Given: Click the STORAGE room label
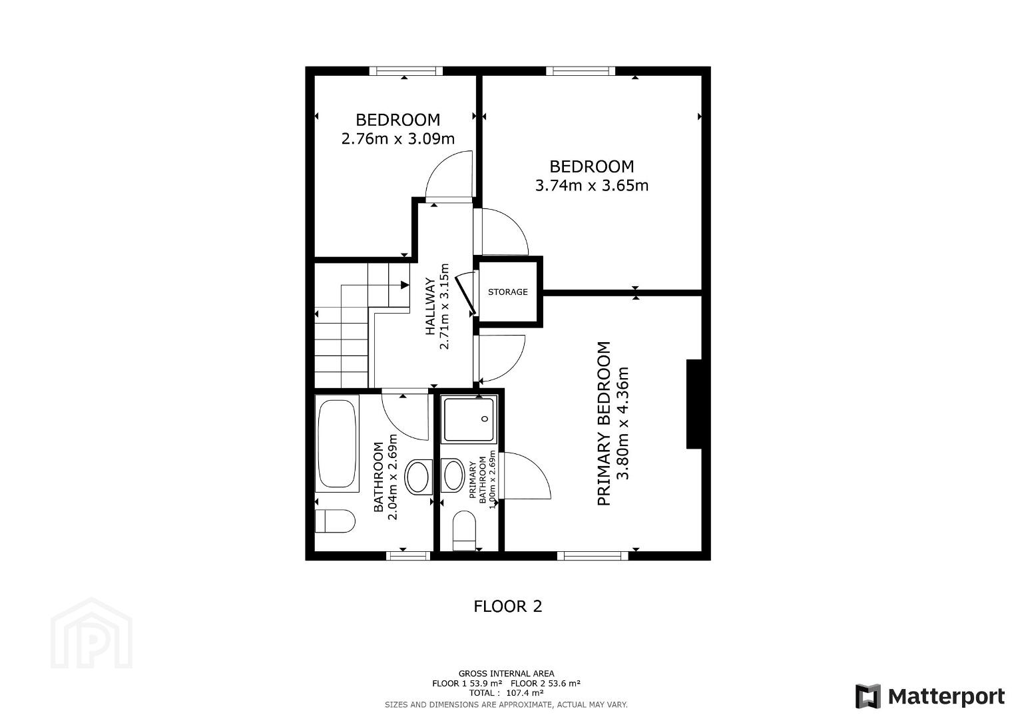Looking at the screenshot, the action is [507, 292].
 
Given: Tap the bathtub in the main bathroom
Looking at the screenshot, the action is [336, 443].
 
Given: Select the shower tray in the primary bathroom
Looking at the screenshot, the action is [469, 419].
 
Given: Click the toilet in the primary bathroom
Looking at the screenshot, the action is [464, 531].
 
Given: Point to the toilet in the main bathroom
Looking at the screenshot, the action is [335, 521].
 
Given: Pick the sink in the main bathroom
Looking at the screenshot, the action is [417, 477].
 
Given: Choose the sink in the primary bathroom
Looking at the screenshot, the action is [453, 475].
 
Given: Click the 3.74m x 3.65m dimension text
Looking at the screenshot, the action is [591, 186].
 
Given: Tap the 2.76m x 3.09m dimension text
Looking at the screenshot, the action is [397, 138].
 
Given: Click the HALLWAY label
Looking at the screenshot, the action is [430, 307].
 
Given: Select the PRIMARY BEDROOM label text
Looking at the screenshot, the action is [603, 423].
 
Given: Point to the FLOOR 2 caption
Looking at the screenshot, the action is [507, 606].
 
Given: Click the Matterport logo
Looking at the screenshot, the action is [930, 696].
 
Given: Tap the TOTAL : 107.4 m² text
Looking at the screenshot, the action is [506, 692].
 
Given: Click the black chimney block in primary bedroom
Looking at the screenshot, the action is [694, 404].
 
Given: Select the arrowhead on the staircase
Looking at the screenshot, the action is [405, 285].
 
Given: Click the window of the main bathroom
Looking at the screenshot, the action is [407, 556].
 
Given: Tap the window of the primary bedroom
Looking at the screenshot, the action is [593, 556].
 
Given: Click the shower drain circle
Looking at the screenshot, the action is [485, 419].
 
